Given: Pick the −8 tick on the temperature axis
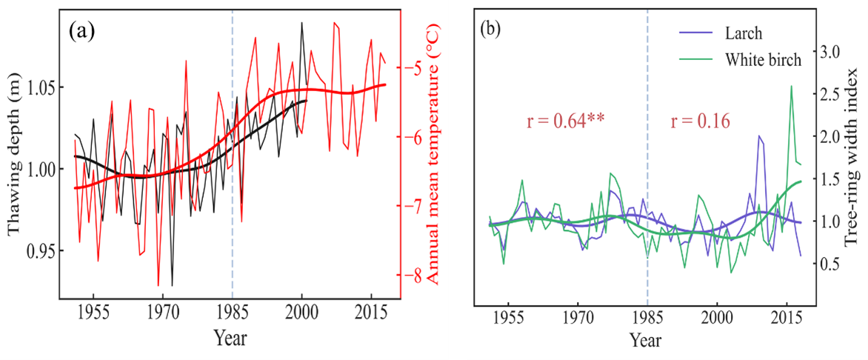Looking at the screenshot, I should point(417,275).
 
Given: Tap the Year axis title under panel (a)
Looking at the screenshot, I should point(230,338).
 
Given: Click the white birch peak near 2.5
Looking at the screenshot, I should point(791,86).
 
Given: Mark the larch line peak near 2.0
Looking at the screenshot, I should point(759,136).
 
